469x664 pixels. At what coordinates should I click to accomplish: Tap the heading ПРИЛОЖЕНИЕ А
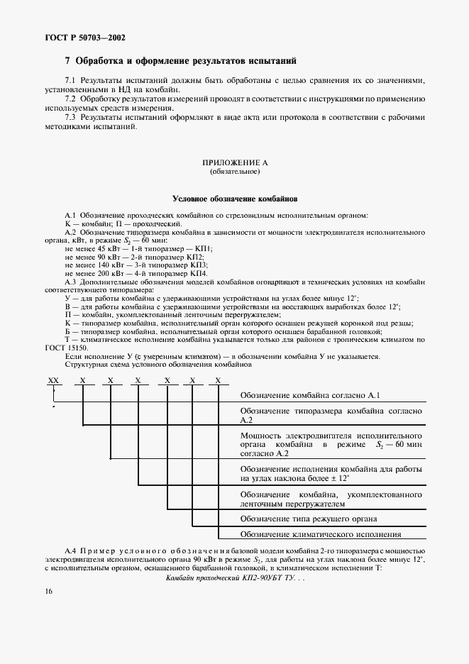(234, 162)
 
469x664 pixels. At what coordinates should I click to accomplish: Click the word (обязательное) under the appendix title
(234, 172)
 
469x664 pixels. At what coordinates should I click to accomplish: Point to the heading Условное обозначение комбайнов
(234, 199)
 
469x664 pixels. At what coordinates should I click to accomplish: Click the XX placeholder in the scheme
(53, 380)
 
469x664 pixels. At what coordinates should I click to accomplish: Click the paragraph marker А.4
(71, 550)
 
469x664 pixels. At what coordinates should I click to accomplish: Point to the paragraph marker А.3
(71, 282)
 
